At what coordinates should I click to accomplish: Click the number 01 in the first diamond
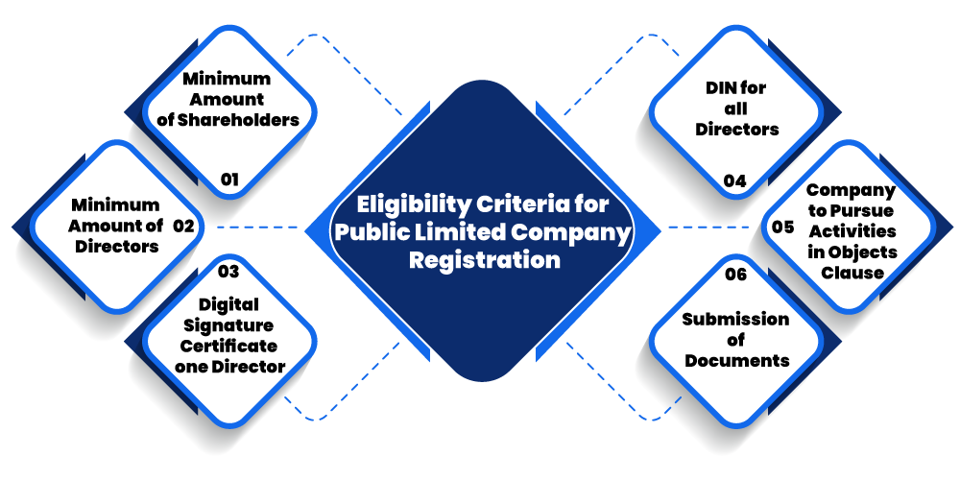[x=228, y=179]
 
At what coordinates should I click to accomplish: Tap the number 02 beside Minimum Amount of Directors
[x=183, y=227]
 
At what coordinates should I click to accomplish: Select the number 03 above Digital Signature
[x=228, y=272]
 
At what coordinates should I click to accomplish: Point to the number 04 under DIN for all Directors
[x=734, y=180]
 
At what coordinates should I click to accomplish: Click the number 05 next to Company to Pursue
[x=783, y=228]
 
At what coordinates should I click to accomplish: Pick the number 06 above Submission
[x=735, y=275]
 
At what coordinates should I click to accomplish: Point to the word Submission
[x=735, y=319]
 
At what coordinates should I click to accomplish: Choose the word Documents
[x=736, y=361]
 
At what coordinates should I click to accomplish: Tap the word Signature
[x=228, y=324]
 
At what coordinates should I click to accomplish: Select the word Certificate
[x=228, y=346]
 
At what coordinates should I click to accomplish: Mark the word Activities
[x=852, y=230]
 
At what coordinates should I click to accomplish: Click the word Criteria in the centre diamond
[x=525, y=204]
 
